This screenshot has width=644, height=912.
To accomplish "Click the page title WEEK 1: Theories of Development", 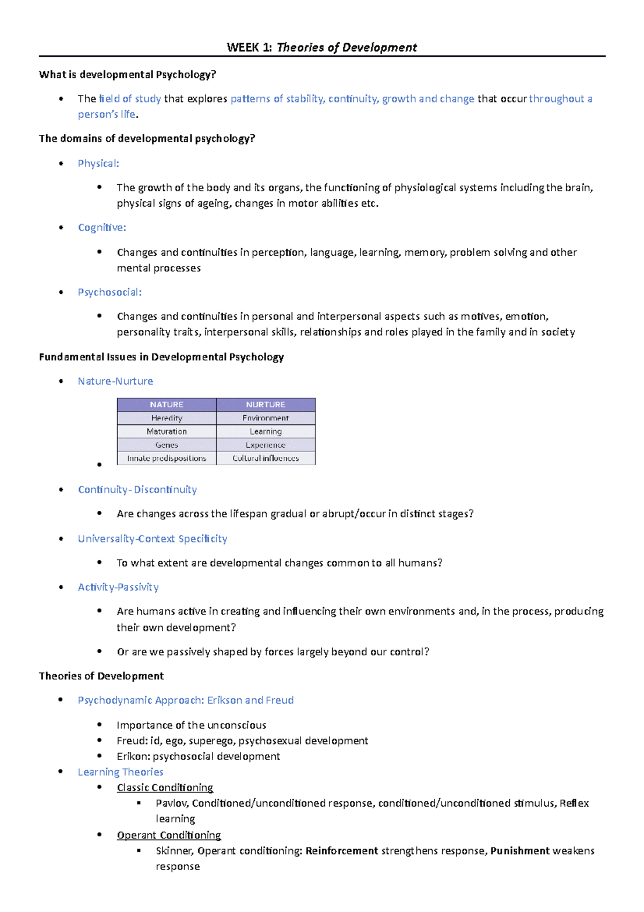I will coord(321,47).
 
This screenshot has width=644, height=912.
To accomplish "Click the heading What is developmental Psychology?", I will coord(127,75).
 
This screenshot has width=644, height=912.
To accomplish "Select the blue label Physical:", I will coord(98,163).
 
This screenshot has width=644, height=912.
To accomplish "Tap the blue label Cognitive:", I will coord(102,228).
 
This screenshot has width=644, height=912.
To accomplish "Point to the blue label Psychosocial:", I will coord(109,292).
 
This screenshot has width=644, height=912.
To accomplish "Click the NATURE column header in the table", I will coord(166,404).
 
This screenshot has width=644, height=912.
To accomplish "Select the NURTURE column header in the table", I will coord(266,404).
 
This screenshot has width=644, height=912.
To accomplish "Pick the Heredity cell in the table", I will coord(166,418).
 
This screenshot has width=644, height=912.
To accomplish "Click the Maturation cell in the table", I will coord(166,431).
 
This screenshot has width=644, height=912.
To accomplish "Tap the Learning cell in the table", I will coord(266,431).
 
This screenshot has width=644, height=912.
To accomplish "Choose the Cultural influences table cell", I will coord(266,458).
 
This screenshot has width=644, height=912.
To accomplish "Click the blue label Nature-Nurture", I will coord(115,381).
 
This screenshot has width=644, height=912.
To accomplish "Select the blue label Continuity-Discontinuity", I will coord(137,490).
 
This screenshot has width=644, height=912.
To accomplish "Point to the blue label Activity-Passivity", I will coord(118,587).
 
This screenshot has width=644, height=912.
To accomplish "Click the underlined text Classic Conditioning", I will coord(165,787).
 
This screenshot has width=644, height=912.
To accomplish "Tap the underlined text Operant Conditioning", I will coord(169,835).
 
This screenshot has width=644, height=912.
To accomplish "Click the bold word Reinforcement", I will coord(342,851).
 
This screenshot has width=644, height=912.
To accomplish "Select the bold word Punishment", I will coord(519,851).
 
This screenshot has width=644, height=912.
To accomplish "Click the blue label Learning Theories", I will coord(120,772).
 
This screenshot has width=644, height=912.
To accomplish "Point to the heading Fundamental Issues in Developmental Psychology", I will coord(161,357).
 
